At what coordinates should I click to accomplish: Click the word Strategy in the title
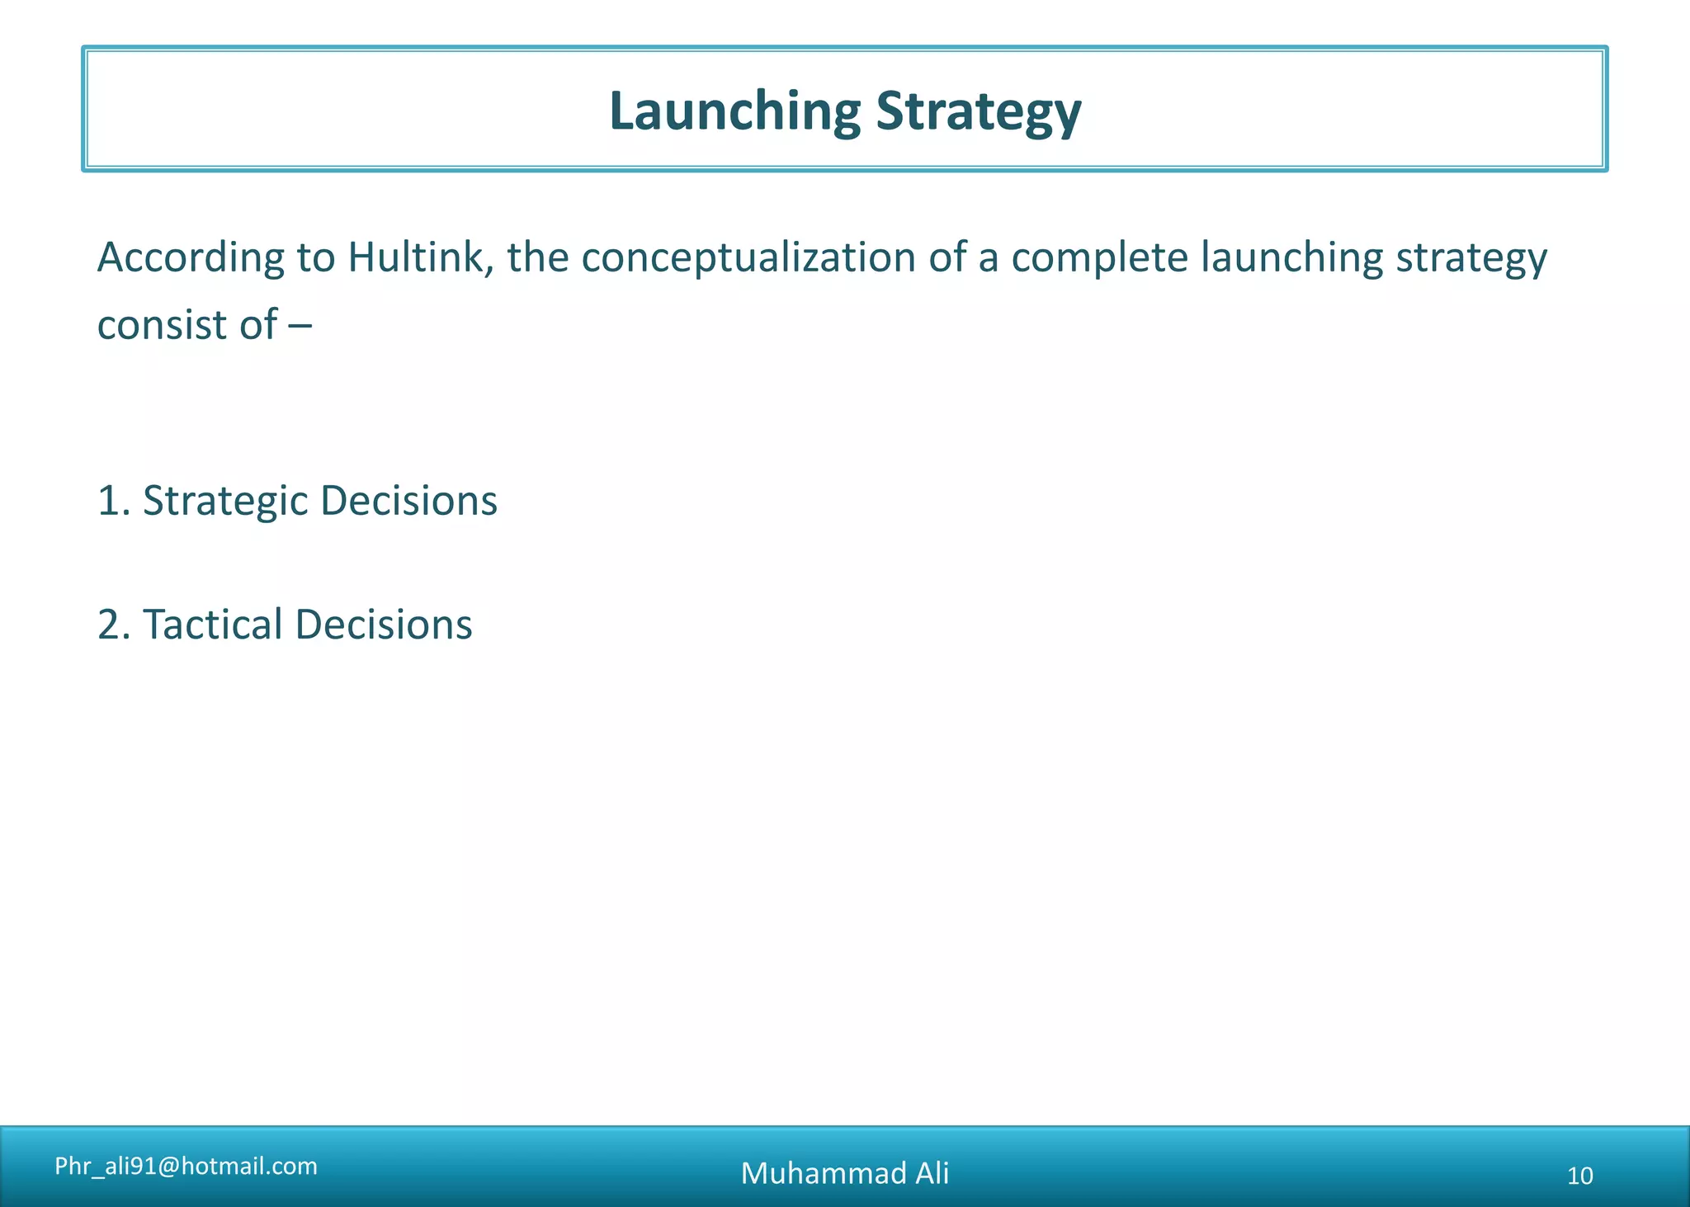(978, 112)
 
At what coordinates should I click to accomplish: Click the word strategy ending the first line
(1471, 258)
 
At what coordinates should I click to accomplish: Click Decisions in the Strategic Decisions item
(408, 500)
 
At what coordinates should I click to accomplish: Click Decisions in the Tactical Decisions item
(383, 624)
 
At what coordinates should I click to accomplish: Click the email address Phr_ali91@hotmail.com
(186, 1166)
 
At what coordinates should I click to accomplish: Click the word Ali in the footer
(932, 1173)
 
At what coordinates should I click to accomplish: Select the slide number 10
(1579, 1176)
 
